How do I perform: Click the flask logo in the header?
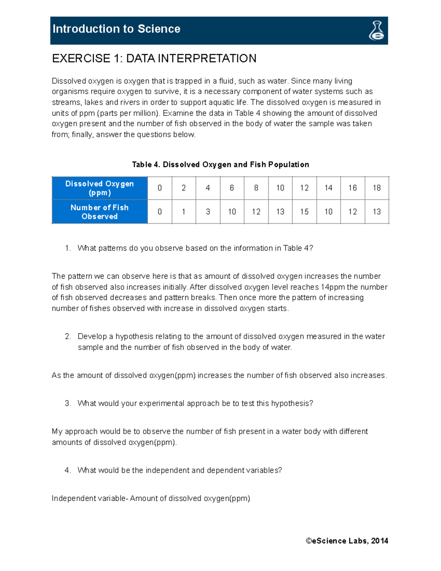[376, 31]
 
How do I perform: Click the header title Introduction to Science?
[116, 29]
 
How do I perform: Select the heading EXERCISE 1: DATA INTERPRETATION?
[154, 58]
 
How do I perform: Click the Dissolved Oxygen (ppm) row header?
[100, 188]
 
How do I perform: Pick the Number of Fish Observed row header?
[100, 212]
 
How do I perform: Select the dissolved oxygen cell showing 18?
[377, 188]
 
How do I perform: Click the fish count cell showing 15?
[304, 212]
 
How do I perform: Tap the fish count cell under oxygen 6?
[232, 212]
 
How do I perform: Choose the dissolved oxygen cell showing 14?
[328, 188]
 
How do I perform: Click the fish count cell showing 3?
[208, 212]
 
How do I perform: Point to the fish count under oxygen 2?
[184, 212]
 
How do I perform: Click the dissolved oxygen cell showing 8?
[256, 188]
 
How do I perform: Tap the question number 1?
[68, 248]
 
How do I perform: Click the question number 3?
[68, 403]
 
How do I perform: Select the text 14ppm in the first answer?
[333, 287]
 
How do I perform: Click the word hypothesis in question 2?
[135, 336]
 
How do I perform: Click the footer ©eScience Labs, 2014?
[347, 540]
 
